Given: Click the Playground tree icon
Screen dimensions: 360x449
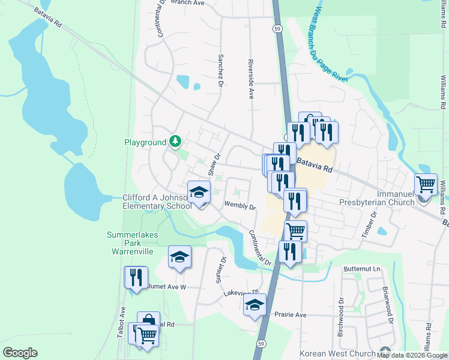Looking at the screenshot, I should click(175, 142).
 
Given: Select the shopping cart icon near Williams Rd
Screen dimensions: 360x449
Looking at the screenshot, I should click(426, 184).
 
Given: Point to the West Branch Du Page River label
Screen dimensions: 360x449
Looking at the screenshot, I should click(331, 45).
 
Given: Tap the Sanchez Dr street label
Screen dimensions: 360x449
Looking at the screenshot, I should click(221, 70).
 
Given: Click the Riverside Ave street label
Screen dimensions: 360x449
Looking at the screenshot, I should click(250, 79).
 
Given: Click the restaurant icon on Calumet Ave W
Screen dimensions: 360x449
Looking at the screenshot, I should click(136, 277).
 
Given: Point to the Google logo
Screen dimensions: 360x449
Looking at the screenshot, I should click(20, 353).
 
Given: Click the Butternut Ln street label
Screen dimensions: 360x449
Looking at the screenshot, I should click(363, 269).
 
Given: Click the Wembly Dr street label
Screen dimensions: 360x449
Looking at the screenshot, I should click(240, 206).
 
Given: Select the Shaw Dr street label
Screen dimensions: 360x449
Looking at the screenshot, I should click(213, 164).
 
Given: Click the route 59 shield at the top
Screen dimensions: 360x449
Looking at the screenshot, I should click(276, 28).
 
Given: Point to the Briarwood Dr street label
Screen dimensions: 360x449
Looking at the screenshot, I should click(387, 305).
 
